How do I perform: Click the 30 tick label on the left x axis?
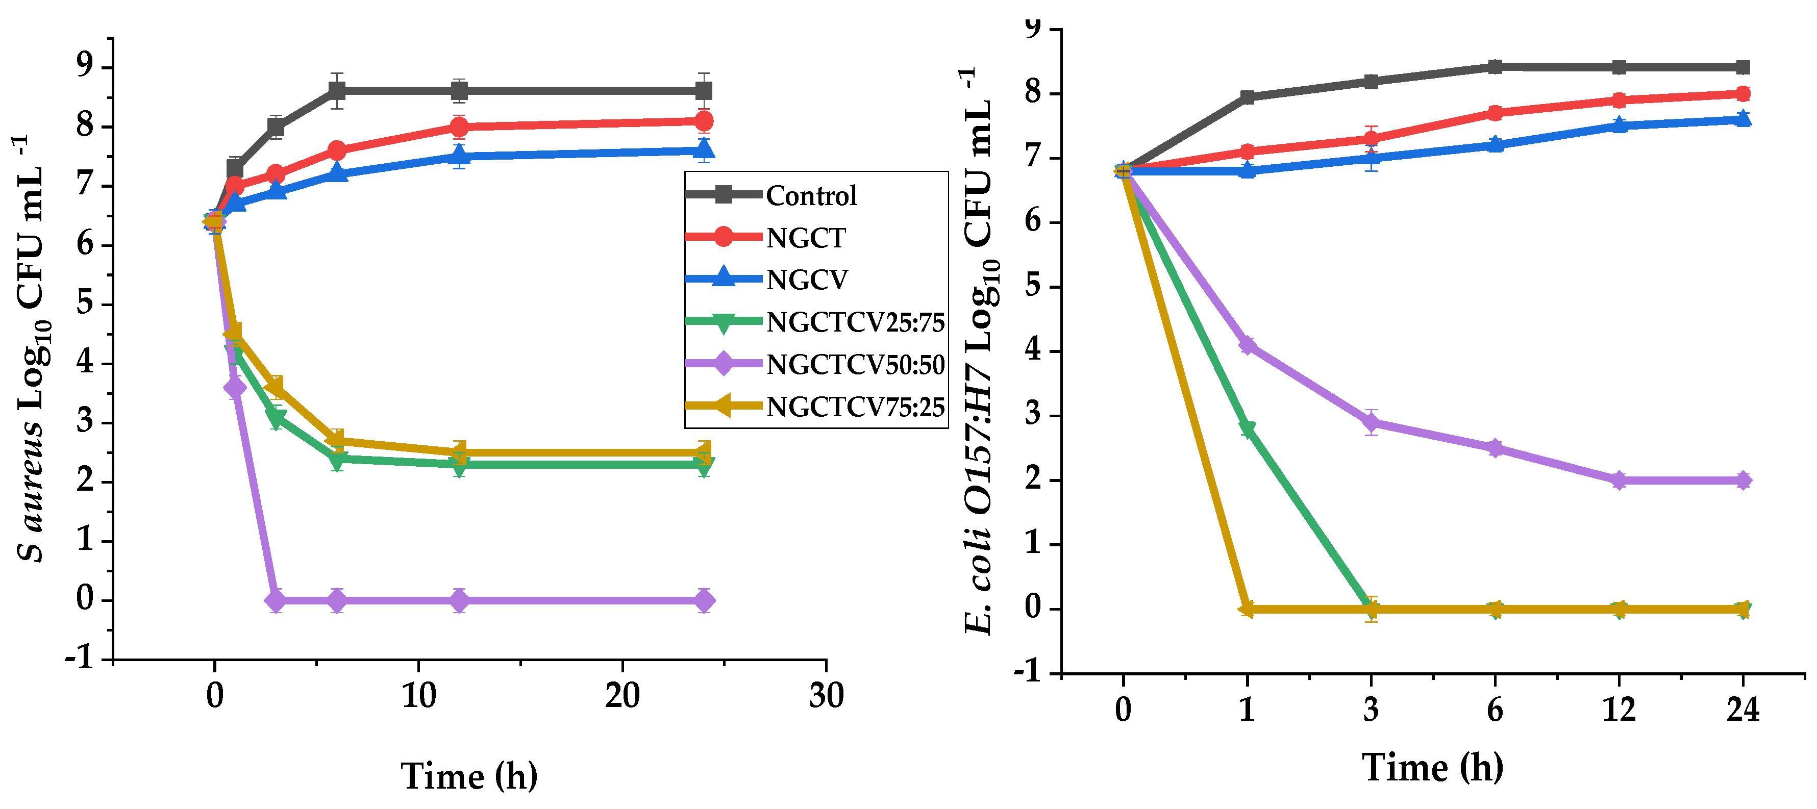826,696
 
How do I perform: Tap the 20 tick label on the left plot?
622,696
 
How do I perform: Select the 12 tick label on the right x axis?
1619,709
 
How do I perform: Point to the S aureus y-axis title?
32,349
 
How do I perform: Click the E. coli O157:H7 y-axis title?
981,352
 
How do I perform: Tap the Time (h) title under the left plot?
469,776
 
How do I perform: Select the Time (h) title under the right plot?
1433,767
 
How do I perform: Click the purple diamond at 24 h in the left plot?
703,601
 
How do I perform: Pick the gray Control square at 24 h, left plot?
703,91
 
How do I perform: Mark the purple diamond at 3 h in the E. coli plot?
1371,422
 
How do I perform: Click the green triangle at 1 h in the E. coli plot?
1247,429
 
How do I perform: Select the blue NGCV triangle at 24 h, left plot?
703,149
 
